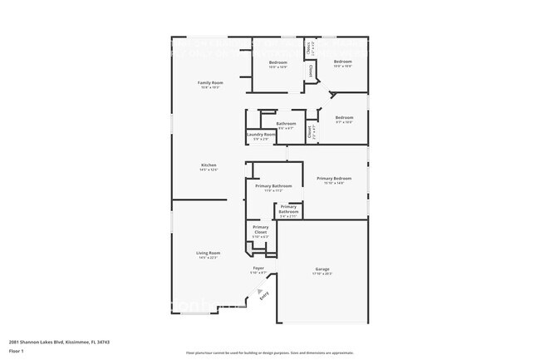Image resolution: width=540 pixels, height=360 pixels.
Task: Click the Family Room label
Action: point(210,82)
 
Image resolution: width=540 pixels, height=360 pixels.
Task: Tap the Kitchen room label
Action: point(209,165)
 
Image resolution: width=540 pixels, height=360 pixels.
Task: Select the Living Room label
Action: point(209,253)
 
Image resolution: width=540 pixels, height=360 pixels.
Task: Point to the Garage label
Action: point(322,269)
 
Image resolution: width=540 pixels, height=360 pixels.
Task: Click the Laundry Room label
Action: point(261,134)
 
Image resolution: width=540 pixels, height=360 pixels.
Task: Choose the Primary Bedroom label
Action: point(334,178)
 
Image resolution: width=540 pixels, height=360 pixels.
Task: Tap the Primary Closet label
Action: point(261,229)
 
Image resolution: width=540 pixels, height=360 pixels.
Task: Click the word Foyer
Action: point(259,268)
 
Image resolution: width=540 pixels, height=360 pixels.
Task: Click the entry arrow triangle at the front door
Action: point(259,283)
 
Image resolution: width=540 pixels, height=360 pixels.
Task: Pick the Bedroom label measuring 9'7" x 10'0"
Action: point(344,118)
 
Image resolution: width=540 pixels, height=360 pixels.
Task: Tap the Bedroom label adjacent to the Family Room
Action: point(277,62)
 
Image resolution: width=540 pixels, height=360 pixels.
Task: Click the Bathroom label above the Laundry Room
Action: point(286,124)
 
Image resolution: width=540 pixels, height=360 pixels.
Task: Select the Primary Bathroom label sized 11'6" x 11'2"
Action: point(273,186)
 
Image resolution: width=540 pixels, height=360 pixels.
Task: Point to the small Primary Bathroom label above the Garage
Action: point(288,210)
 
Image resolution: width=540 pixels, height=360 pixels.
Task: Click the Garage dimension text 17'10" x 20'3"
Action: point(322,274)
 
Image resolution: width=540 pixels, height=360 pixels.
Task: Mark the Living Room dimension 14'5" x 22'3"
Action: point(209,258)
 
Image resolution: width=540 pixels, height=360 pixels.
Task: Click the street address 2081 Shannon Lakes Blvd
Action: point(59,342)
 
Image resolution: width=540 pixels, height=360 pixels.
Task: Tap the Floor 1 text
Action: point(17,352)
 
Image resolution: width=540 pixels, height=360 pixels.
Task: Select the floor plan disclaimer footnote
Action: point(270,352)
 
